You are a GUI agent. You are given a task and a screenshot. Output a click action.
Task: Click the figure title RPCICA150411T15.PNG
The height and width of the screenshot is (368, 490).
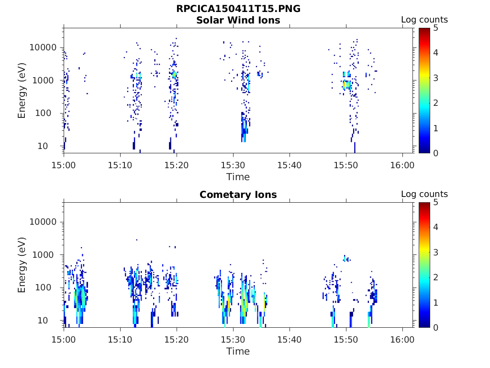(238, 9)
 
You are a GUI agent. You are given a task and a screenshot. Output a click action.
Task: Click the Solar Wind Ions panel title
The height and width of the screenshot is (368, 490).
(238, 20)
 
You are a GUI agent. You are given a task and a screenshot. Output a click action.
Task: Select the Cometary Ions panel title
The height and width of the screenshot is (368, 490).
(238, 195)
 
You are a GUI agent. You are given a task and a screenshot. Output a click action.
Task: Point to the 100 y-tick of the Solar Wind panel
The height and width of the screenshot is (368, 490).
(48, 113)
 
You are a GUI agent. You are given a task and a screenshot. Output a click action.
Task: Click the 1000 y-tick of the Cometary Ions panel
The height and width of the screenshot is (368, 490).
(46, 255)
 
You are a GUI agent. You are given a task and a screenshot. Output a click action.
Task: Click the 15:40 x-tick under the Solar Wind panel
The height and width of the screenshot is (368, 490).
(290, 165)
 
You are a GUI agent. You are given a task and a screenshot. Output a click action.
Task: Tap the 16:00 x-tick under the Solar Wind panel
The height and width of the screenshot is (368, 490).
(402, 165)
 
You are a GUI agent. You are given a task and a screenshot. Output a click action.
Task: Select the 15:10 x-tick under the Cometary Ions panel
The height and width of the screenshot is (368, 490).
(120, 339)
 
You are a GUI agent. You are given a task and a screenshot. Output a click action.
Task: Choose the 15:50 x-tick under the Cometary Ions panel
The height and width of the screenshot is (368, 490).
(346, 339)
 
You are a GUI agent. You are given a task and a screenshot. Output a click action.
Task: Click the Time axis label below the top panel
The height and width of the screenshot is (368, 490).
(238, 177)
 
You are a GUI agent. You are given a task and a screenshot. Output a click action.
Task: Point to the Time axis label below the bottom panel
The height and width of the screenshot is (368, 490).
(238, 351)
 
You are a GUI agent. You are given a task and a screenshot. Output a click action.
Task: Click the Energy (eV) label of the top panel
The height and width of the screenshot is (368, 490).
(22, 91)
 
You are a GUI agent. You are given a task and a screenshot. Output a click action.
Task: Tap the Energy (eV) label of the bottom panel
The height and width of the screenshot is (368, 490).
(22, 265)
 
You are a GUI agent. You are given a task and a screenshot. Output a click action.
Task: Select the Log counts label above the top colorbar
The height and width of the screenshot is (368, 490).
(424, 20)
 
